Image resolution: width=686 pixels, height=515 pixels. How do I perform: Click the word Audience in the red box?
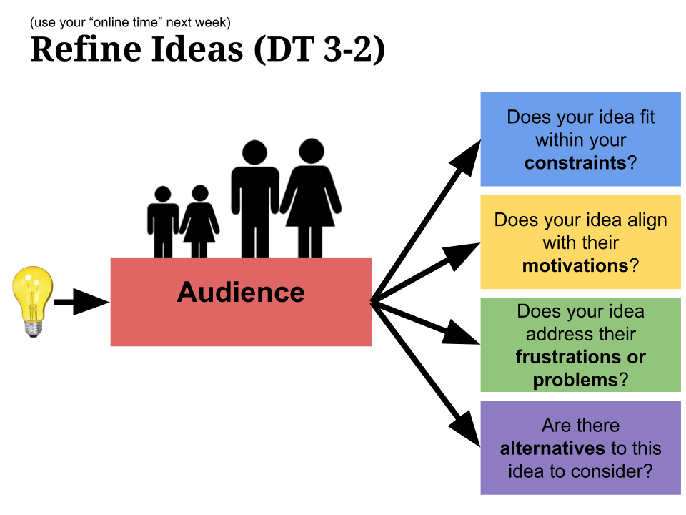241,293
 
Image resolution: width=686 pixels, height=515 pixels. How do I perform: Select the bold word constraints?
575,162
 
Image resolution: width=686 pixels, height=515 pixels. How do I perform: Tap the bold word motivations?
575,265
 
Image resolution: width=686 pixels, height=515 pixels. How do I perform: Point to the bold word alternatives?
552,448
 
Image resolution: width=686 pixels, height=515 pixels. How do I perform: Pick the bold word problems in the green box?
575,380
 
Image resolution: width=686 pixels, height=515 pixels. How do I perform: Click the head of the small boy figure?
163,194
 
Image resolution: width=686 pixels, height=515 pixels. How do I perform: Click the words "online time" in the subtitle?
126,22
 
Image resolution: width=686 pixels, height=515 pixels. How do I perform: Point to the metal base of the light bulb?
31,328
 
